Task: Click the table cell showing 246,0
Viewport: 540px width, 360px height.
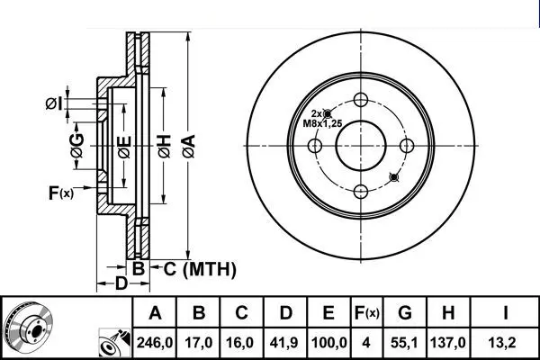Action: [x=155, y=343]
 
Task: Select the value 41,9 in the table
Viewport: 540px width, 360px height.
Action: [x=285, y=343]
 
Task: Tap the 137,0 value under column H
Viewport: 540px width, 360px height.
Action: [x=447, y=343]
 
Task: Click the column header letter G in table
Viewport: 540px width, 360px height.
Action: [x=405, y=313]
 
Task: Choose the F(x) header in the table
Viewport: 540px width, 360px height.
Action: [x=367, y=313]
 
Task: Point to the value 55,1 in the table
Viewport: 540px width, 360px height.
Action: [x=405, y=343]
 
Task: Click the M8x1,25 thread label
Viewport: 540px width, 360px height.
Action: [x=322, y=123]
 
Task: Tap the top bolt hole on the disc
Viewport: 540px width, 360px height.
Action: [x=361, y=100]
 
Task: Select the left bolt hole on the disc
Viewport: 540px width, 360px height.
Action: [x=315, y=146]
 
